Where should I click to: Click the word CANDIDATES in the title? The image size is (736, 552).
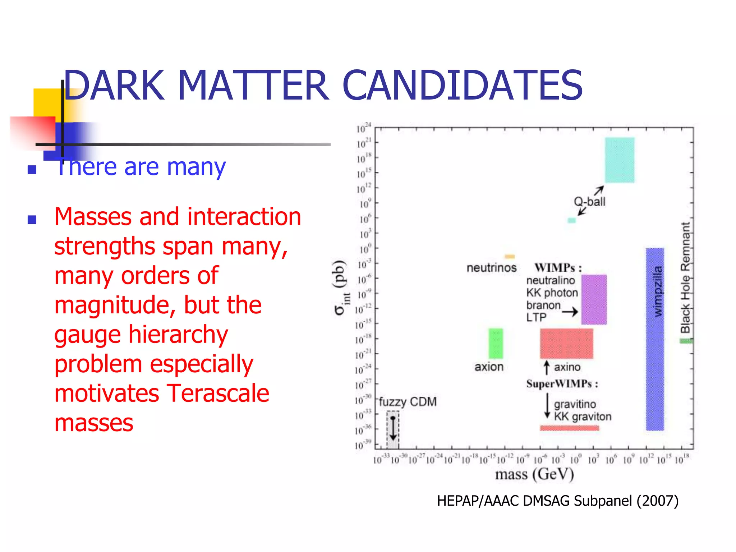point(462,86)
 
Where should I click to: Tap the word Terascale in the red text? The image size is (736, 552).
point(217,393)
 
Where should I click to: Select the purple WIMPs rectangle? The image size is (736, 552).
point(594,299)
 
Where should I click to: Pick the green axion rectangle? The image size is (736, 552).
point(496,343)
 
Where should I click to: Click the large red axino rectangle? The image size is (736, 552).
point(566,343)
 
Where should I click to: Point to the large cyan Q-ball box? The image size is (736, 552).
point(619,160)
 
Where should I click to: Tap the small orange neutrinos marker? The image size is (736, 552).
point(510,257)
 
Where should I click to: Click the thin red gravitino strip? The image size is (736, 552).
point(569,428)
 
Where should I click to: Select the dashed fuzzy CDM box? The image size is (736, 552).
point(393,429)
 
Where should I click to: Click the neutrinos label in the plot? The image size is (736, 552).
point(491,268)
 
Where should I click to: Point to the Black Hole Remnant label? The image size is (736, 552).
point(685,277)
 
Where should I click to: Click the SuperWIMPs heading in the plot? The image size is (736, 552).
point(562,384)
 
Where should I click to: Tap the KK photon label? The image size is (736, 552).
point(552,293)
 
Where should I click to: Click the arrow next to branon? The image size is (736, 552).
point(570,312)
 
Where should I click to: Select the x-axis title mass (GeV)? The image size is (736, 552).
point(534,474)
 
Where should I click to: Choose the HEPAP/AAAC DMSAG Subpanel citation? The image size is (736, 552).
point(557,501)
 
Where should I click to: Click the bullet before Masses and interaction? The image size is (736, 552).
point(32,219)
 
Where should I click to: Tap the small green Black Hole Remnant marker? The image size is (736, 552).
point(686,341)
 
